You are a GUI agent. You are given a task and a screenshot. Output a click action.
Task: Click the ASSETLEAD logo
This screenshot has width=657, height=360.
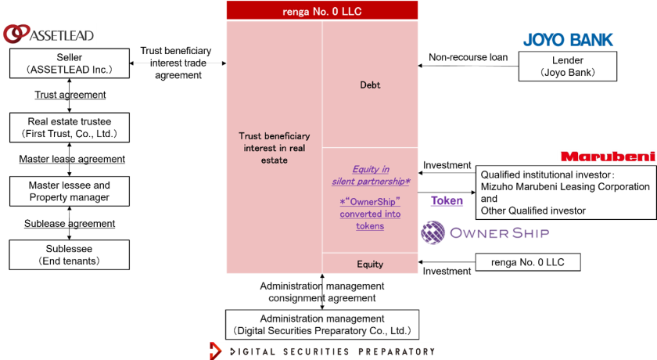[x=48, y=34]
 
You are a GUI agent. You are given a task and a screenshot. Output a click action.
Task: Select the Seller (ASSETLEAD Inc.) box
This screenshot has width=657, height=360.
[x=70, y=63]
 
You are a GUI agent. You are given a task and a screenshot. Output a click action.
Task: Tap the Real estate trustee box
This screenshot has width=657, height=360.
[x=70, y=128]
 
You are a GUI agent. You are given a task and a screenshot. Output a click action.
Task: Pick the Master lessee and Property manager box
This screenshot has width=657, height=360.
[x=70, y=191]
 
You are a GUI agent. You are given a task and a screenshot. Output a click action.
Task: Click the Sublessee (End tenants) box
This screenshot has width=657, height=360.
[x=70, y=254]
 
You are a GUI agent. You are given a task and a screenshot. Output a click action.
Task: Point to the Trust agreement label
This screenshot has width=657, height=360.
[x=70, y=95]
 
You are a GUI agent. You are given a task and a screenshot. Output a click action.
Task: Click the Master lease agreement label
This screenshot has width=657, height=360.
[x=72, y=159]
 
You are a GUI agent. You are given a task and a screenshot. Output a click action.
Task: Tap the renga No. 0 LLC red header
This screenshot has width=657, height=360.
[x=321, y=10]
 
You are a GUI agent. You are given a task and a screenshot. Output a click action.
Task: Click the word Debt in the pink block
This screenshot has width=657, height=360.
[x=370, y=85]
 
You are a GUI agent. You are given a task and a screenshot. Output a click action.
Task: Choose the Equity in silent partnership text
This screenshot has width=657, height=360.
[x=370, y=175]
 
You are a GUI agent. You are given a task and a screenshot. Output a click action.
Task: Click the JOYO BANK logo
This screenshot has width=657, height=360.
[x=568, y=39]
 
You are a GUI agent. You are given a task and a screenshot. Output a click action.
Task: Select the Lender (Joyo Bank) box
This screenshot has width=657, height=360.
[x=568, y=67]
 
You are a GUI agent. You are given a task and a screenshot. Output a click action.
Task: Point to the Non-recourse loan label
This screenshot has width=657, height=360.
[x=469, y=57]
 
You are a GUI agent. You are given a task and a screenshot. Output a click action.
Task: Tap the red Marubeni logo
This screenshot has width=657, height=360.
[x=608, y=157]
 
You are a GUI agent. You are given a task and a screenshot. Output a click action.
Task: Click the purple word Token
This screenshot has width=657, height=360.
[x=447, y=200]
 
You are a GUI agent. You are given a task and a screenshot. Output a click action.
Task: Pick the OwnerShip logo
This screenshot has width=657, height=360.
[x=485, y=232]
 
